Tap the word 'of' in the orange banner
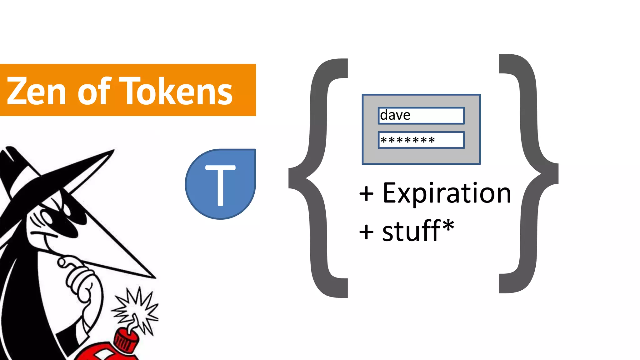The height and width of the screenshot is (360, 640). (94, 91)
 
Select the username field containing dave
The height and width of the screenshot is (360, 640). (421, 116)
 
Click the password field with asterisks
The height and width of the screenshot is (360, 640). (421, 140)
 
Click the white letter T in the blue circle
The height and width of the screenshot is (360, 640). (220, 185)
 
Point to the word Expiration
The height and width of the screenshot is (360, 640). (447, 193)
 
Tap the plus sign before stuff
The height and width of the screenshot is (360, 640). (366, 232)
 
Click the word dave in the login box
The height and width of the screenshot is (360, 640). (395, 115)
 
